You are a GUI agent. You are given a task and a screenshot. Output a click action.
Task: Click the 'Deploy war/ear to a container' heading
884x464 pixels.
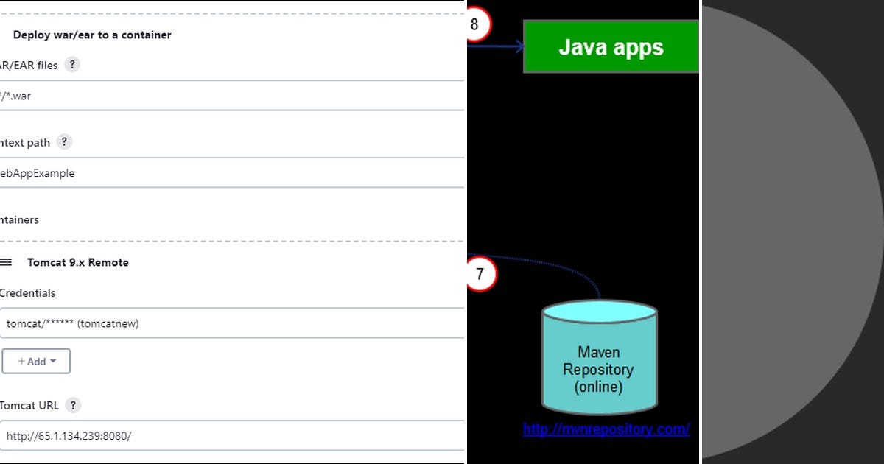92,35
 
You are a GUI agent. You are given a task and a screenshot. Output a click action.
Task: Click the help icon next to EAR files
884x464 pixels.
71,65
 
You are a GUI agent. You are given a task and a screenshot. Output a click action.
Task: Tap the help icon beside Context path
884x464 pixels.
64,142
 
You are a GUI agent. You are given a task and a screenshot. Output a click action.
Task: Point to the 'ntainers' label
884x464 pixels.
19,219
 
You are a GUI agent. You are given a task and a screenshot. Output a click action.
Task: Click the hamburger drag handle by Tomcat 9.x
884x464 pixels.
6,262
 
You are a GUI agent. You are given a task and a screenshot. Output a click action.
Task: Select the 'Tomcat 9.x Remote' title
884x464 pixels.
77,262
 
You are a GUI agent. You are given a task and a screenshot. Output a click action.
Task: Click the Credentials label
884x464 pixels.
27,292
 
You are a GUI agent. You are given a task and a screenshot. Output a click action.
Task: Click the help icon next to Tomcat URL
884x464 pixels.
72,405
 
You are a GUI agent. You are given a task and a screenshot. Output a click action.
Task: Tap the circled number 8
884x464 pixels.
474,24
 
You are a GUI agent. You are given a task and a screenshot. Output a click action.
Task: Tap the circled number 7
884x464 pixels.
480,275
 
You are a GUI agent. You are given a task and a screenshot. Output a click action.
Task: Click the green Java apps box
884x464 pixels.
611,47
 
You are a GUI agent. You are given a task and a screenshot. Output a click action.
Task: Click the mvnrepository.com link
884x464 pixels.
606,429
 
